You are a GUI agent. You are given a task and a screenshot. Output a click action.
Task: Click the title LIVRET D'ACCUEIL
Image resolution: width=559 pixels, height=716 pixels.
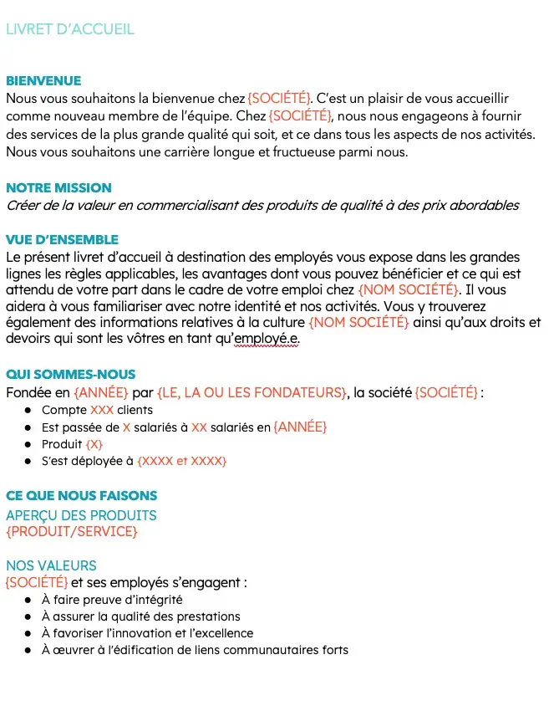[x=70, y=29]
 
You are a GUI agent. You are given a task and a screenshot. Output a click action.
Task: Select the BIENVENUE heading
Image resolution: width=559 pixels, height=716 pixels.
[x=43, y=81]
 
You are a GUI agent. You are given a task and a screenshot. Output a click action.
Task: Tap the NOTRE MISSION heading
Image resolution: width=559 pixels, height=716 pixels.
[x=58, y=188]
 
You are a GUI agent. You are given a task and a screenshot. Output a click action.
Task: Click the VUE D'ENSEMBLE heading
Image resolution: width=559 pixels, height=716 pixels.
[x=62, y=240]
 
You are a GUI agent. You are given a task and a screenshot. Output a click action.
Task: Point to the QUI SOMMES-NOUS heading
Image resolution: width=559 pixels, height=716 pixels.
[x=70, y=375]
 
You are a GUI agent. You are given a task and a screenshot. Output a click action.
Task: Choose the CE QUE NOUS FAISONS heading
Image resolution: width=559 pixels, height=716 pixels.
[x=81, y=496]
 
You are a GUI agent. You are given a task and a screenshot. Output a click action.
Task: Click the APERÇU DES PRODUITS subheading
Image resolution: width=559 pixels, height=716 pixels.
[x=81, y=515]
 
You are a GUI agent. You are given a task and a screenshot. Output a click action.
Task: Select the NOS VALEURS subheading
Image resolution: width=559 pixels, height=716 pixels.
[x=51, y=565]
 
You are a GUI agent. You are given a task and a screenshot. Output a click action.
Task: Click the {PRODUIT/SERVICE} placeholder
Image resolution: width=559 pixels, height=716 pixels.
[x=72, y=531]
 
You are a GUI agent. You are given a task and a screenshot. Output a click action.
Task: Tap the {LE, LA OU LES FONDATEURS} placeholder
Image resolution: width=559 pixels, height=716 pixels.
[x=252, y=392]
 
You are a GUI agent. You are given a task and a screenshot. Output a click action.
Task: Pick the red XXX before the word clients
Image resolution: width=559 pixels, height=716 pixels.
[x=101, y=410]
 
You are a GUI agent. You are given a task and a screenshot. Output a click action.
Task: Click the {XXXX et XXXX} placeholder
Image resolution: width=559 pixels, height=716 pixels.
[x=182, y=461]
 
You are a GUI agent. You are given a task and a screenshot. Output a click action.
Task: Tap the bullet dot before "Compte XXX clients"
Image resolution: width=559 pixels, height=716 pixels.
[x=28, y=411]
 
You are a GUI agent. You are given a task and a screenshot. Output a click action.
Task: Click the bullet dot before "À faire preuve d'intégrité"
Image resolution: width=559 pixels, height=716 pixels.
[x=28, y=600]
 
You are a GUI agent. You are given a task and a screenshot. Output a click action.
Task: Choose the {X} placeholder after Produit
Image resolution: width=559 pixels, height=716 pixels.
[x=94, y=444]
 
